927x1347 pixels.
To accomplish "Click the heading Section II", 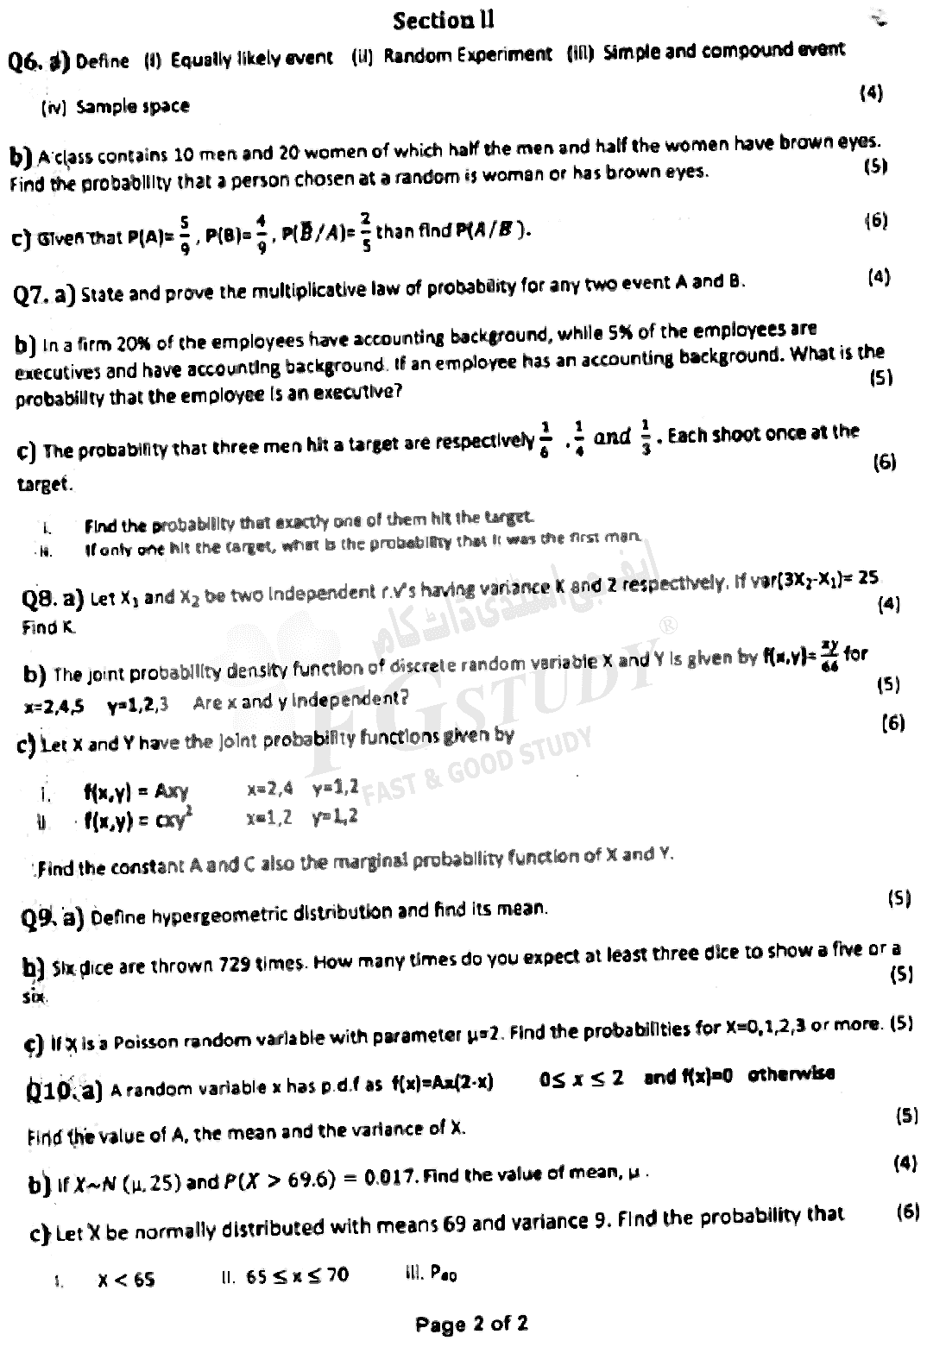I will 444,19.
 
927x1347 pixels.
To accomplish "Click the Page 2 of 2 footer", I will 471,1324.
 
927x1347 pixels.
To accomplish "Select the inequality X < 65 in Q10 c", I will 126,1279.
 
